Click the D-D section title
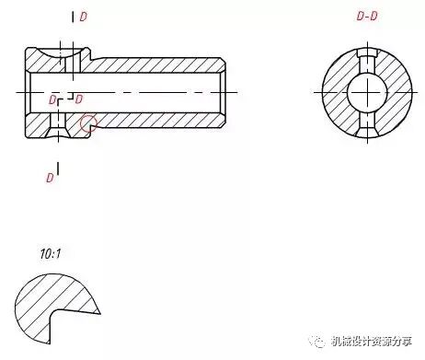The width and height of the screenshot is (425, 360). pyautogui.click(x=367, y=16)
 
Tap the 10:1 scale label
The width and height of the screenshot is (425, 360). pyautogui.click(x=51, y=254)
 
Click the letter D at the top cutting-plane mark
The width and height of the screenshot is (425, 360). pyautogui.click(x=83, y=17)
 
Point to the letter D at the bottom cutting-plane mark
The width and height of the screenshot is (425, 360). pyautogui.click(x=50, y=178)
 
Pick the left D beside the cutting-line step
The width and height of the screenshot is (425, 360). pyautogui.click(x=52, y=99)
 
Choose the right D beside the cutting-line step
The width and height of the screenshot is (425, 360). pyautogui.click(x=79, y=99)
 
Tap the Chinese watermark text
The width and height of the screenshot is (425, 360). pyautogui.click(x=371, y=341)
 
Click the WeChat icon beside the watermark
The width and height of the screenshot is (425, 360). pyautogui.click(x=317, y=341)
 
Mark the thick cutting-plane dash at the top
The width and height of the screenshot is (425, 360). pyautogui.click(x=73, y=17)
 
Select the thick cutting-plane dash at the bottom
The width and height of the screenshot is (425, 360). pyautogui.click(x=58, y=168)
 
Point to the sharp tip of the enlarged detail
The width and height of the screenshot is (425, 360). pyautogui.click(x=100, y=313)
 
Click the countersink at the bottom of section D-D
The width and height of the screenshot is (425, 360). pyautogui.click(x=367, y=132)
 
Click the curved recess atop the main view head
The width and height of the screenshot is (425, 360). pyautogui.click(x=59, y=52)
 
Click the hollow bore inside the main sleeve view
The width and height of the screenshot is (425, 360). pyautogui.click(x=126, y=93)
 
